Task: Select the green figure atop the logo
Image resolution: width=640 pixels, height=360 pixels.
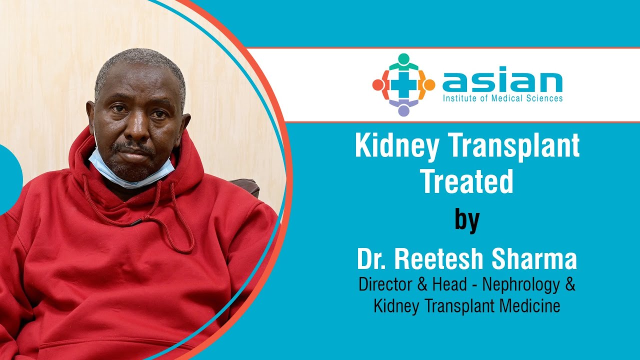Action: (x=403, y=62)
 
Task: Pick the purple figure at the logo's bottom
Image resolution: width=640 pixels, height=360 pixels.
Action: (x=403, y=107)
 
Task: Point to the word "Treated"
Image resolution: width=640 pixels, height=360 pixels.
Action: (x=467, y=181)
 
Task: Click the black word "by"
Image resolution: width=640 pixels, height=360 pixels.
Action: (x=467, y=220)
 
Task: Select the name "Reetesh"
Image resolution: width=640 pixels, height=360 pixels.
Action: (x=439, y=259)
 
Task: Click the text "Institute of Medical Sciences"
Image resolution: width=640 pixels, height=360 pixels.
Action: (x=502, y=98)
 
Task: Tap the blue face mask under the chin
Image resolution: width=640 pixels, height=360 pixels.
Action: (x=131, y=171)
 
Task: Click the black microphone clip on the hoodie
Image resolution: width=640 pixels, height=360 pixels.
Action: (x=136, y=221)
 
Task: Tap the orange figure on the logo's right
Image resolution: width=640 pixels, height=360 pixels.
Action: (x=426, y=84)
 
